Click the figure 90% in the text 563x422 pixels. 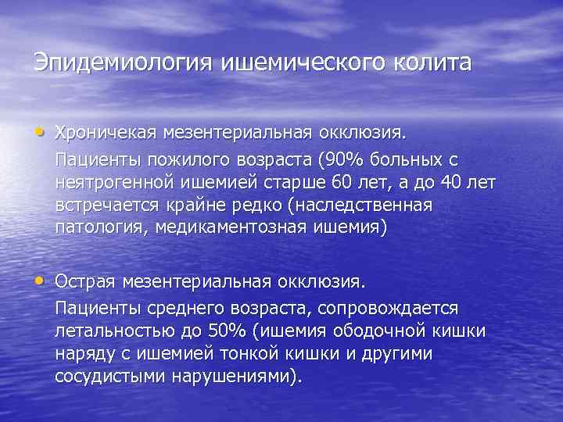click(341, 159)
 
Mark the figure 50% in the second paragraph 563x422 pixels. click(218, 331)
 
